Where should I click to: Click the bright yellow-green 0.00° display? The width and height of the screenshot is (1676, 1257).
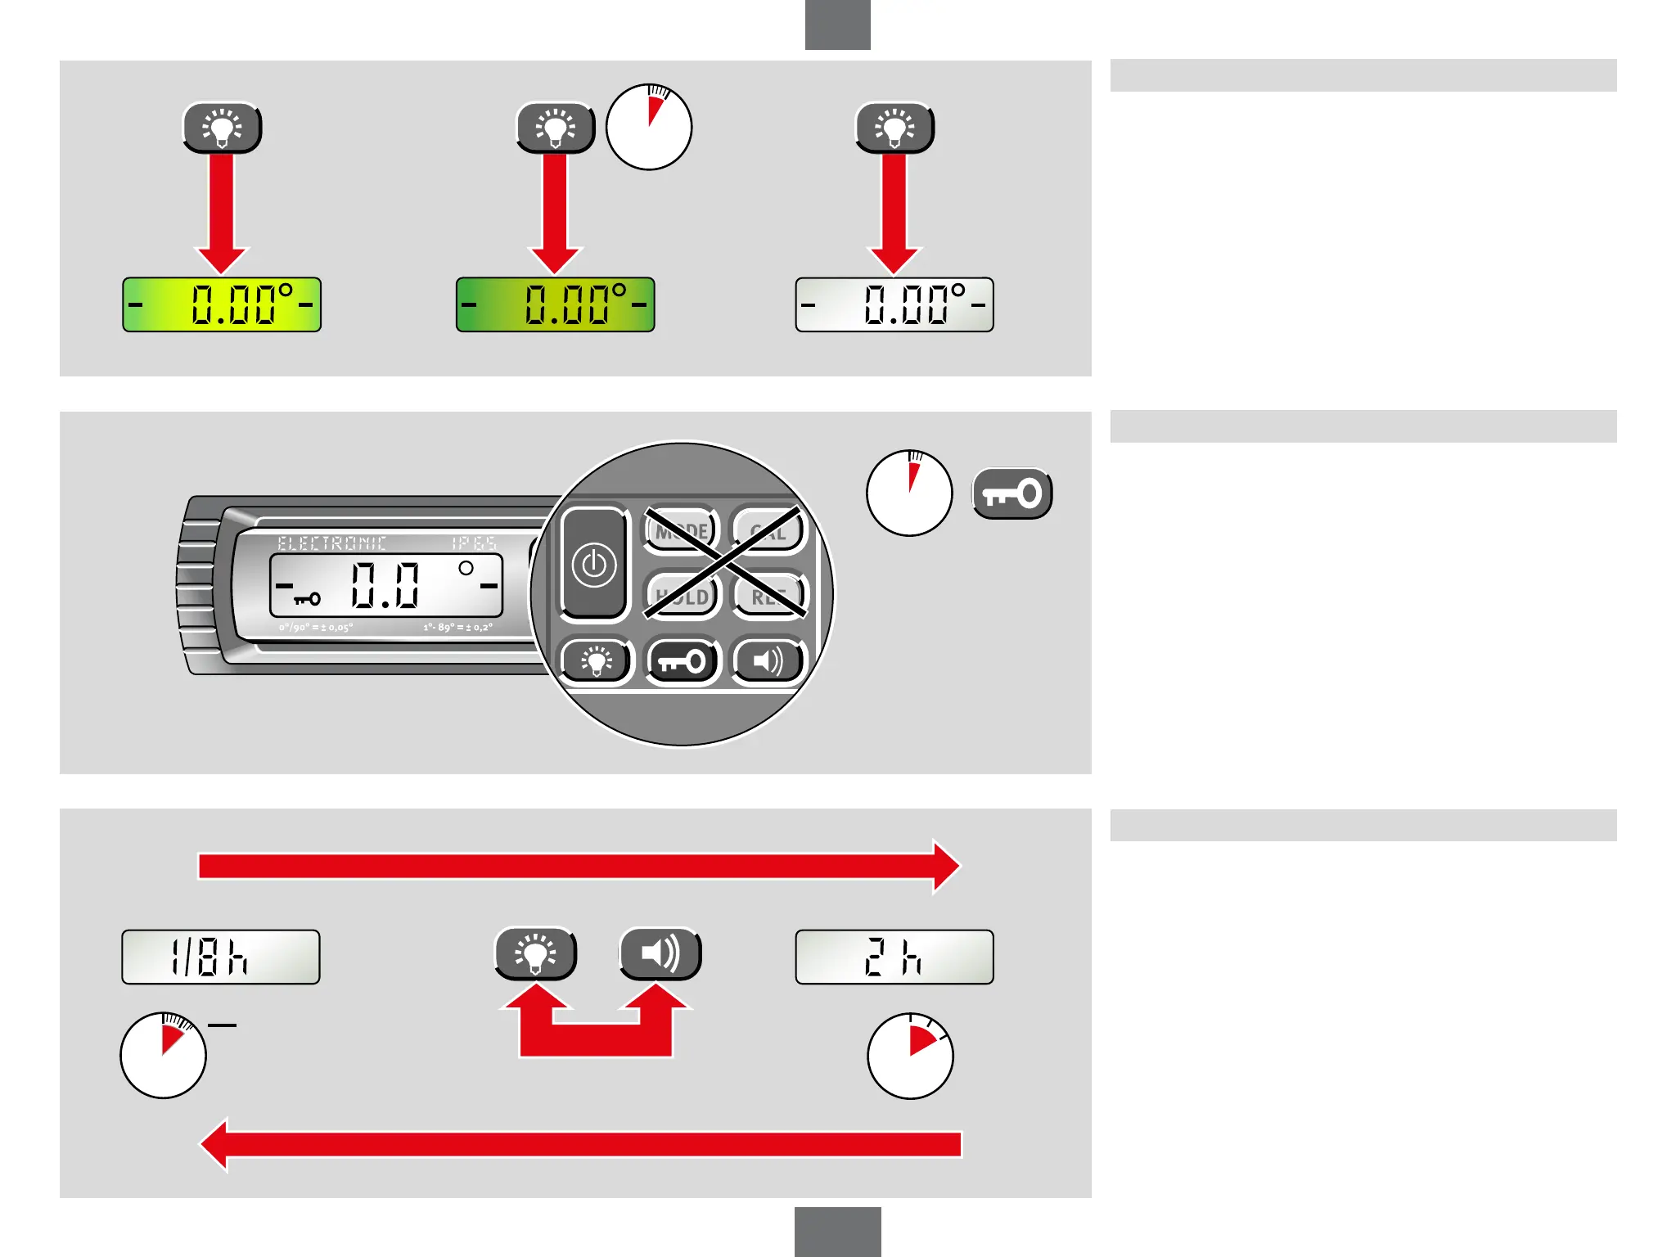pos(221,304)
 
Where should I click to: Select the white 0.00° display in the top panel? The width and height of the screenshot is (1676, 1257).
pos(894,304)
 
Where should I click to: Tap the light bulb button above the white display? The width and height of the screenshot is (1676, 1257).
pos(894,128)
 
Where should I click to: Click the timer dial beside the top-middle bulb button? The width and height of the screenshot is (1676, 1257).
pos(649,128)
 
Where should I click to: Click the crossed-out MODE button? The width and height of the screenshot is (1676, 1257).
pos(681,530)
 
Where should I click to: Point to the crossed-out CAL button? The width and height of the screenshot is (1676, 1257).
pos(768,532)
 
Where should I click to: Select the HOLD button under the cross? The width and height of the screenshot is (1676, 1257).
pos(682,597)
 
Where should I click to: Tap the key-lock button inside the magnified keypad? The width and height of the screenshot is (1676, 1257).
pos(682,660)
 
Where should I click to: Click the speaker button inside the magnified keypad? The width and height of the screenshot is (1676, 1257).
pos(768,660)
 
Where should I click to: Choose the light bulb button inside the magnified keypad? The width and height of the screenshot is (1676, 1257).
pos(596,660)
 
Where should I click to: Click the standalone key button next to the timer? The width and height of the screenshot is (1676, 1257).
pos(1011,493)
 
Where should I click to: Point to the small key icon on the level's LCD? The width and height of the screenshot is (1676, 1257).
pos(307,599)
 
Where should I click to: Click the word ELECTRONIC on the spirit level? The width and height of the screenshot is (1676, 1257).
pos(331,543)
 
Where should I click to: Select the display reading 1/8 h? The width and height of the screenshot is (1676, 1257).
pos(221,957)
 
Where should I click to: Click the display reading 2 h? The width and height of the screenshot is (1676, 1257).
pos(894,957)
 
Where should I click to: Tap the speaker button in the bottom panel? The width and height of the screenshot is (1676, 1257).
pos(660,953)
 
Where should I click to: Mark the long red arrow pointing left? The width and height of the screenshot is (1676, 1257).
pos(581,1144)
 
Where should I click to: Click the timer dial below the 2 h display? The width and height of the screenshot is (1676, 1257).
pos(910,1056)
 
